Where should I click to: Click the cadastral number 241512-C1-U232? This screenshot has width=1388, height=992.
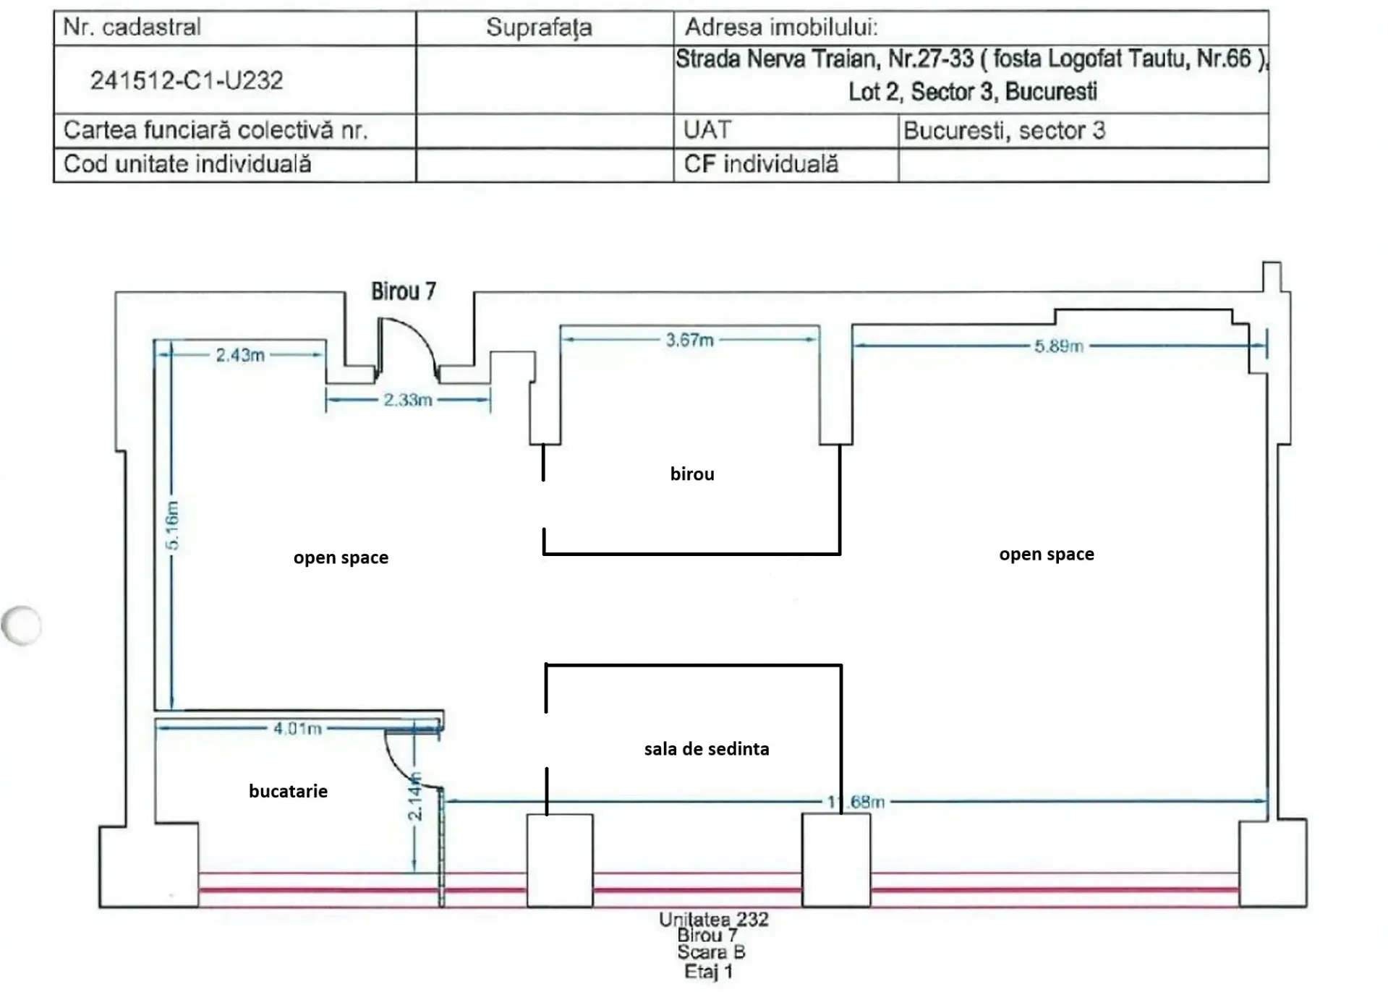click(x=187, y=80)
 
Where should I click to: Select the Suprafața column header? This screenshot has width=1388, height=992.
click(x=539, y=27)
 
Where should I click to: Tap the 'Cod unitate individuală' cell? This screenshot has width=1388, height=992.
click(x=187, y=164)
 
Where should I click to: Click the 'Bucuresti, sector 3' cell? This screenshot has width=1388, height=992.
click(x=1004, y=131)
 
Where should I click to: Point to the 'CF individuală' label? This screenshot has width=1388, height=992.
click(x=761, y=164)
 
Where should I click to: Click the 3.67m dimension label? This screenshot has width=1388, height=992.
click(x=690, y=340)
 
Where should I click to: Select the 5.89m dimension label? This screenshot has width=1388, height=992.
click(x=1059, y=346)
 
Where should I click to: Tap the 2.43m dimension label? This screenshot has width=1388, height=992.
click(x=240, y=355)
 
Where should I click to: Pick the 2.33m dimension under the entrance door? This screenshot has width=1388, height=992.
click(x=408, y=400)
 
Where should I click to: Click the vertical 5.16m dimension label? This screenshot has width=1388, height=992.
click(x=172, y=525)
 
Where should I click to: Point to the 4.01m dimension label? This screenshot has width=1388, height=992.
click(x=297, y=729)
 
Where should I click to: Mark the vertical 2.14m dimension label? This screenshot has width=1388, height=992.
click(x=414, y=797)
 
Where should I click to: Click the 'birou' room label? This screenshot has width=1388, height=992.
click(x=692, y=474)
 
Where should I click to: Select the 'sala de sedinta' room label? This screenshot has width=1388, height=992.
click(x=707, y=749)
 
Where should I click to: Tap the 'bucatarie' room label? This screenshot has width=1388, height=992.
click(x=288, y=792)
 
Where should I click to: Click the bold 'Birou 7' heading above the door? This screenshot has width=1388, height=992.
click(x=404, y=291)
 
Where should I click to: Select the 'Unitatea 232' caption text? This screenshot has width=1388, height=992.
click(x=714, y=920)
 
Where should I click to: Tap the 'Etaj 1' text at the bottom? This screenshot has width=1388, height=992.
click(x=709, y=972)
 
